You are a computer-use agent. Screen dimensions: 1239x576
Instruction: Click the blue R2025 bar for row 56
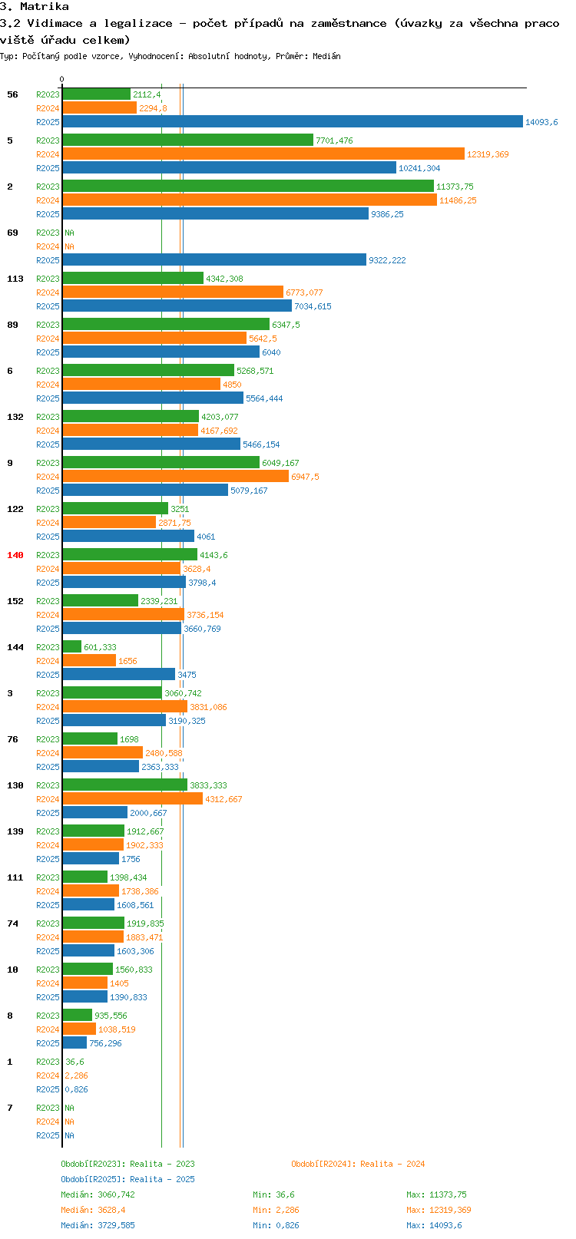292,122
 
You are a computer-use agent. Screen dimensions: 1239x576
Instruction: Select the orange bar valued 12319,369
263,154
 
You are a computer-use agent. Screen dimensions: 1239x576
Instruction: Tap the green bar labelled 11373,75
248,187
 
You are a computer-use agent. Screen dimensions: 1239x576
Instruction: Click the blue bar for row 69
214,260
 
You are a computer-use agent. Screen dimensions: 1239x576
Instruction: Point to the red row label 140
15,555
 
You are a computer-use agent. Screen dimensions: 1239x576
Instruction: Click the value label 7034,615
313,306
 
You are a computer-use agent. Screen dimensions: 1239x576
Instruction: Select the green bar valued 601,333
72,647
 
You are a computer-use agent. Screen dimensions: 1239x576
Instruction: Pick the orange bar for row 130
132,799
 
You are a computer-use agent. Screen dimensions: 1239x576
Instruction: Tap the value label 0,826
76,1089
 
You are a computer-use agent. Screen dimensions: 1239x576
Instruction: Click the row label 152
15,601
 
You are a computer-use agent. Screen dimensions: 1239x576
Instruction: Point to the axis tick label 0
62,79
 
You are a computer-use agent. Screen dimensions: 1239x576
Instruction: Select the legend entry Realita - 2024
358,1164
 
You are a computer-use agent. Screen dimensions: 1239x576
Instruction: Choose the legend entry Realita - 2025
128,1179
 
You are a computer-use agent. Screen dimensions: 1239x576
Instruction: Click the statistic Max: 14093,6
434,1225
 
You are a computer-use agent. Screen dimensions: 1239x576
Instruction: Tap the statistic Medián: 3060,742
98,1194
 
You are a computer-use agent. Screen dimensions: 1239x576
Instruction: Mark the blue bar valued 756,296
74,1043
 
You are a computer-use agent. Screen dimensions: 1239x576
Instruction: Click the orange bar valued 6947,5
175,477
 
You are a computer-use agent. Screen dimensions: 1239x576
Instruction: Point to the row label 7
10,1108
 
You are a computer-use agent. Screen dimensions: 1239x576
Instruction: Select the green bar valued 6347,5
166,325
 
